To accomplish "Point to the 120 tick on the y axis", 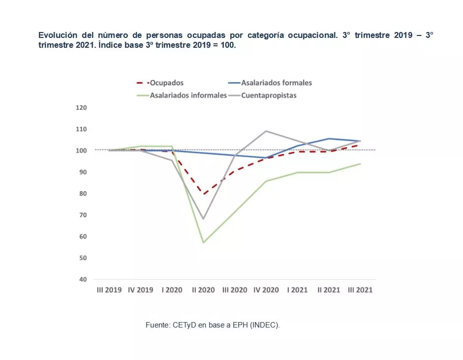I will (81, 107).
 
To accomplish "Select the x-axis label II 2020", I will (203, 290).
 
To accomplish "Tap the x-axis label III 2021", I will (360, 290).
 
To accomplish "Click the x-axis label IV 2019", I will (140, 290).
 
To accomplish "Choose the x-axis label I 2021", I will (297, 290).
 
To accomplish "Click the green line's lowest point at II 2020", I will (203, 242).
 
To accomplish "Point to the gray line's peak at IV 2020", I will (266, 131).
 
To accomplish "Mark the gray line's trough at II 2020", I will (203, 219).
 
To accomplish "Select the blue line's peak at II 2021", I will (329, 138).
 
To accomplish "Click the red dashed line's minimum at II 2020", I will (203, 194).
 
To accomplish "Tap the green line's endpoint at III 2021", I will (360, 164).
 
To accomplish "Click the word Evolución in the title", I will (56, 36).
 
